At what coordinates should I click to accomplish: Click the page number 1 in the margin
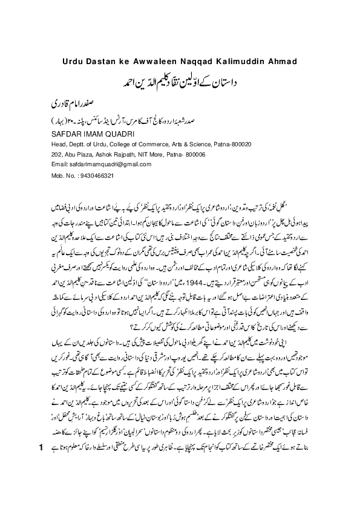point(40,482)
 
